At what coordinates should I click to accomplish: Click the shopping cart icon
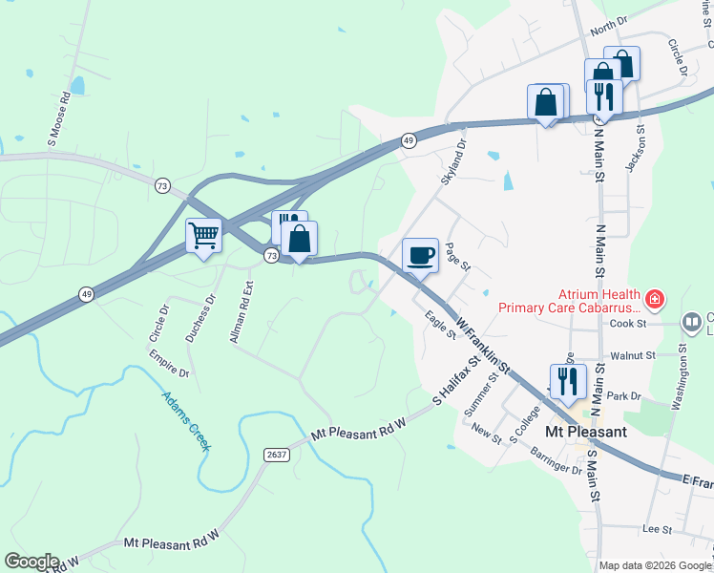click(203, 234)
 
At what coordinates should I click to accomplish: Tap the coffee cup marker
click(421, 255)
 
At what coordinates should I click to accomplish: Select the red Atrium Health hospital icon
click(654, 301)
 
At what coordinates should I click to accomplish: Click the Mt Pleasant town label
click(585, 432)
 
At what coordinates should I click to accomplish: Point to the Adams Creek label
click(186, 420)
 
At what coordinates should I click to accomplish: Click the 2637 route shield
click(277, 456)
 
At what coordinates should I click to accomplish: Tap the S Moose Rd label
click(59, 119)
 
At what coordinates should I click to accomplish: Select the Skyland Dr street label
click(452, 163)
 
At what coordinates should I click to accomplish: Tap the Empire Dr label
click(168, 362)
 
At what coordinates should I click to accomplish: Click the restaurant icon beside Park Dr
click(567, 381)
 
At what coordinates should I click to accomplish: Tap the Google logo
click(31, 562)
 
